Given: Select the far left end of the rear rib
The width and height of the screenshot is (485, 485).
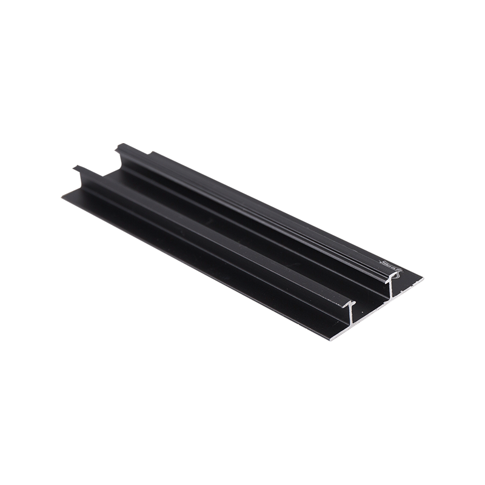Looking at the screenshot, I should point(119,148).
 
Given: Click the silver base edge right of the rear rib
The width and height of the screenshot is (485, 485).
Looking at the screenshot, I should point(412,290).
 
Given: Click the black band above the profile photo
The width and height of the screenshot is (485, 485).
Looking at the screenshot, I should point(242,73).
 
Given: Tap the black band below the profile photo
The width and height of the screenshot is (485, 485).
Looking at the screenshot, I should point(242,412).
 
